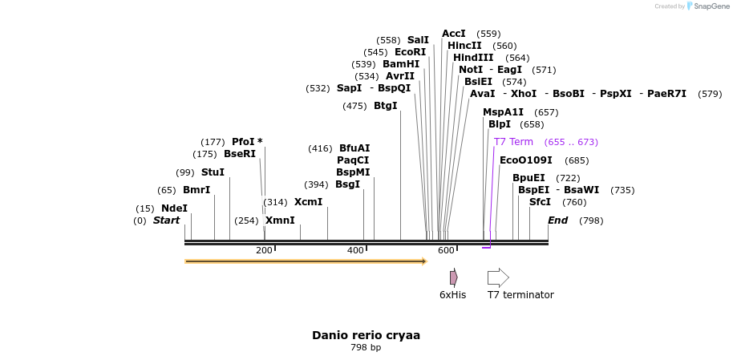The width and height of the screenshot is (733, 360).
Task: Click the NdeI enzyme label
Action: tap(174, 208)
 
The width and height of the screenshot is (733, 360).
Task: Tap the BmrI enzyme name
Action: tap(196, 190)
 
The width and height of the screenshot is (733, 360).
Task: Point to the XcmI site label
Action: tap(308, 202)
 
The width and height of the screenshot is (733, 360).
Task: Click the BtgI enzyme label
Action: tap(386, 106)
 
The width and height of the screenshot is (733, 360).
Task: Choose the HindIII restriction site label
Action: tap(473, 58)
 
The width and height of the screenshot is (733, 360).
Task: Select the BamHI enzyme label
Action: tap(401, 64)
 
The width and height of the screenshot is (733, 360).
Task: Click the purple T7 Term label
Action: tap(513, 142)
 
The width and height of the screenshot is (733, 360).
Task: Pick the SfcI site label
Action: tap(540, 202)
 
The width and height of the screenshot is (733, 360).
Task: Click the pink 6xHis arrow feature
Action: tap(453, 277)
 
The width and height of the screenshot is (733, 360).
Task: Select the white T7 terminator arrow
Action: tap(498, 277)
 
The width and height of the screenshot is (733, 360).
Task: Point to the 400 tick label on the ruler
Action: tap(355, 251)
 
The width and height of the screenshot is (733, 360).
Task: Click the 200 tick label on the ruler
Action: tap(264, 251)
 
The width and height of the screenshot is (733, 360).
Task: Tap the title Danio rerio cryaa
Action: tap(366, 335)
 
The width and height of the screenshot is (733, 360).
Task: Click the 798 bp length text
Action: tap(366, 348)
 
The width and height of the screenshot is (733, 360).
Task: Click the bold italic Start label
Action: tap(167, 220)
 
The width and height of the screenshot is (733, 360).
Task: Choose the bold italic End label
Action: tap(557, 220)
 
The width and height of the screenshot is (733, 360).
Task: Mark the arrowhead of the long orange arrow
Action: tap(424, 261)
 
